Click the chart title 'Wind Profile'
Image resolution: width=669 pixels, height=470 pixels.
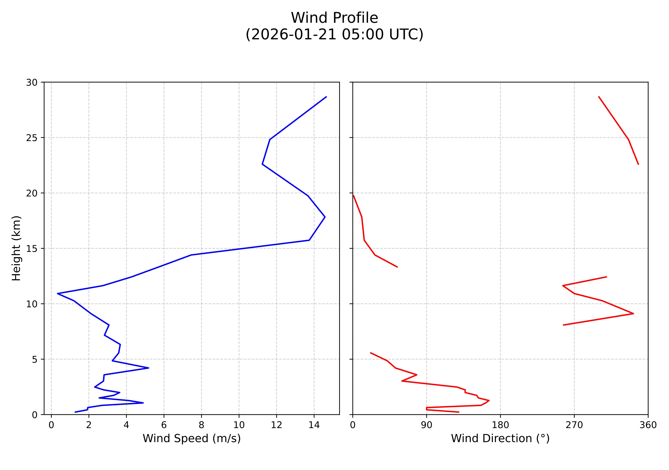(x=335, y=18)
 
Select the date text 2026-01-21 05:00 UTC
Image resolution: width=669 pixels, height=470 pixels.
(x=335, y=35)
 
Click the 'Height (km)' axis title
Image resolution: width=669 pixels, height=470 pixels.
(x=16, y=248)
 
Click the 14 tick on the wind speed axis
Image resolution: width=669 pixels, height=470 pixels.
(x=314, y=425)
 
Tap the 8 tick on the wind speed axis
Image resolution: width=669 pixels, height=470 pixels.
(x=201, y=425)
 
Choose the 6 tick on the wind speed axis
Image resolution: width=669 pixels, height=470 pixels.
(x=164, y=425)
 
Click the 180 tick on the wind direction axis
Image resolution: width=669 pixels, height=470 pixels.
(x=500, y=425)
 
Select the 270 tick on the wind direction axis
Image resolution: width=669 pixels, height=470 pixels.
(x=574, y=425)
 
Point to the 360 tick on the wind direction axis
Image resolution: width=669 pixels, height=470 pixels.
(x=648, y=425)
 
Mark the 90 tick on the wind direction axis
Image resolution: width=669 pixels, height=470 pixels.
(x=427, y=425)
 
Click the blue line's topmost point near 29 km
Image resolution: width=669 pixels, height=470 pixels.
(x=326, y=96)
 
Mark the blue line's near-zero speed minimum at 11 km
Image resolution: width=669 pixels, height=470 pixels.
(x=58, y=293)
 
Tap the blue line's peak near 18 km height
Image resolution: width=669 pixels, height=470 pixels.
(x=325, y=217)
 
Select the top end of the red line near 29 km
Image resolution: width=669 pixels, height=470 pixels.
(x=599, y=96)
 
